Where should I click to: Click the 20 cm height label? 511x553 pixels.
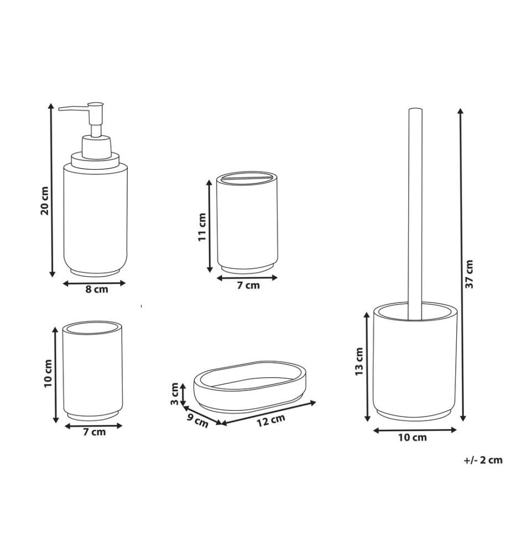click(45, 201)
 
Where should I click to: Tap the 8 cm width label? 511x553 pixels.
click(97, 290)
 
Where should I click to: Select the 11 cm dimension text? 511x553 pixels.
click(202, 227)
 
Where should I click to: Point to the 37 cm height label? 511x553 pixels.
click(469, 274)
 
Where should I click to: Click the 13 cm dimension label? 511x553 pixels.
click(359, 362)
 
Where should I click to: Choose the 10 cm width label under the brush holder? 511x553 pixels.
click(412, 437)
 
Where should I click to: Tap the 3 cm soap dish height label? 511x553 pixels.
click(175, 394)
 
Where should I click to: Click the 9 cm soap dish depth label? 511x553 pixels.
click(197, 421)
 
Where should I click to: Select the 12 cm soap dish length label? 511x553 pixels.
click(270, 420)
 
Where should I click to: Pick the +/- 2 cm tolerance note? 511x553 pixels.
click(483, 460)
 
